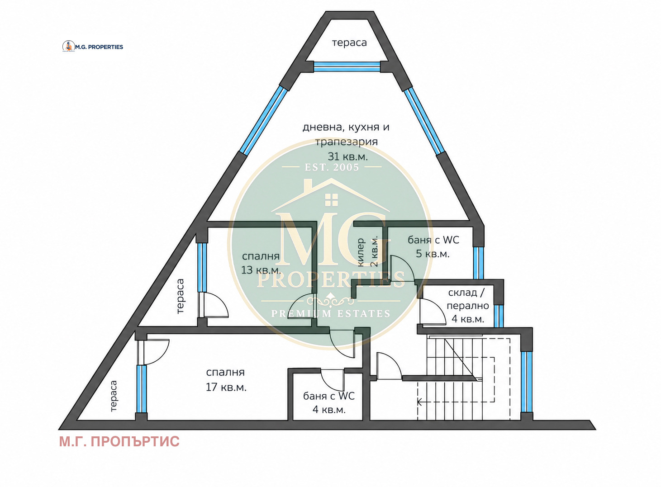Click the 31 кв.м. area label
tap(347, 156)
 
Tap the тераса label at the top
tap(349, 43)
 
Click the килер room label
tap(361, 252)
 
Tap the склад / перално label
tap(468, 299)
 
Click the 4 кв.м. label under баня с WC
tap(329, 409)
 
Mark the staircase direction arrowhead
tap(419, 402)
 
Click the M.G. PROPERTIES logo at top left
tap(93, 46)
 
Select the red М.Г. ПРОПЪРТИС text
tap(119, 442)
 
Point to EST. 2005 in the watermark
tap(332, 167)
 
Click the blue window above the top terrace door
tap(347, 66)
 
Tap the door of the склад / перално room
tap(433, 312)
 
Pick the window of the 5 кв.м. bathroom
tap(478, 263)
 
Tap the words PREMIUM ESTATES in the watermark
tap(330, 313)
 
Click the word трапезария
tap(347, 142)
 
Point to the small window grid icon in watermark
tap(331, 200)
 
